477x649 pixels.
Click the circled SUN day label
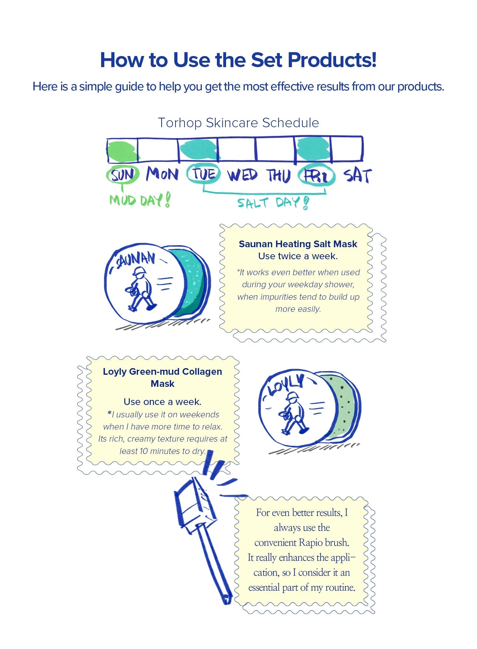(x=123, y=175)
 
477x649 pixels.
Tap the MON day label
(x=162, y=174)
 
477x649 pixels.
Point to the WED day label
(x=242, y=175)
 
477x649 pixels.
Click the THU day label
(x=279, y=176)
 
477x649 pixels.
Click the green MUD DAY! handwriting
(x=140, y=200)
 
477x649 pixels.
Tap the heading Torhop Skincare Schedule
(x=238, y=123)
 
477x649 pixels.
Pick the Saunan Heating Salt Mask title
(x=298, y=244)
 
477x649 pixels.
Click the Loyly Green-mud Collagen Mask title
(x=162, y=378)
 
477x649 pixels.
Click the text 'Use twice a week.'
(x=298, y=256)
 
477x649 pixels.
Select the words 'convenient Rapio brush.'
(x=302, y=542)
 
